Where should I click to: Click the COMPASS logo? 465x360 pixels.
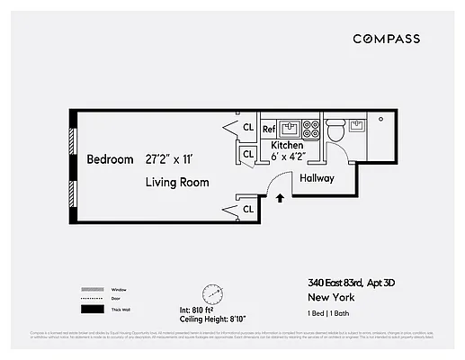386,39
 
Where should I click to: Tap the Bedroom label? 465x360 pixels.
110,159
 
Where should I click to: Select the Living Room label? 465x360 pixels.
177,182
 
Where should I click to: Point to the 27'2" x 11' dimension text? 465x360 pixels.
182,159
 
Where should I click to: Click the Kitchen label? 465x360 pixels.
288,145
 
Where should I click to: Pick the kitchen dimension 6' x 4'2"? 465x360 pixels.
288,157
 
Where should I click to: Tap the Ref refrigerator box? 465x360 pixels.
268,130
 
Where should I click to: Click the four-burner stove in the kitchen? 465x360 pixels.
310,128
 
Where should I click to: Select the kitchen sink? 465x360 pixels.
290,128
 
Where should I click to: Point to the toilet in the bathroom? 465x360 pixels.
335,131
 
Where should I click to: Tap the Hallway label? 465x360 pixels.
317,178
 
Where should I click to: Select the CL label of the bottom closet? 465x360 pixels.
247,210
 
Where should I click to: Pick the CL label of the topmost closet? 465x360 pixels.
247,128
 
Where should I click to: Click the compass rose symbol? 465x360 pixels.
213,293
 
